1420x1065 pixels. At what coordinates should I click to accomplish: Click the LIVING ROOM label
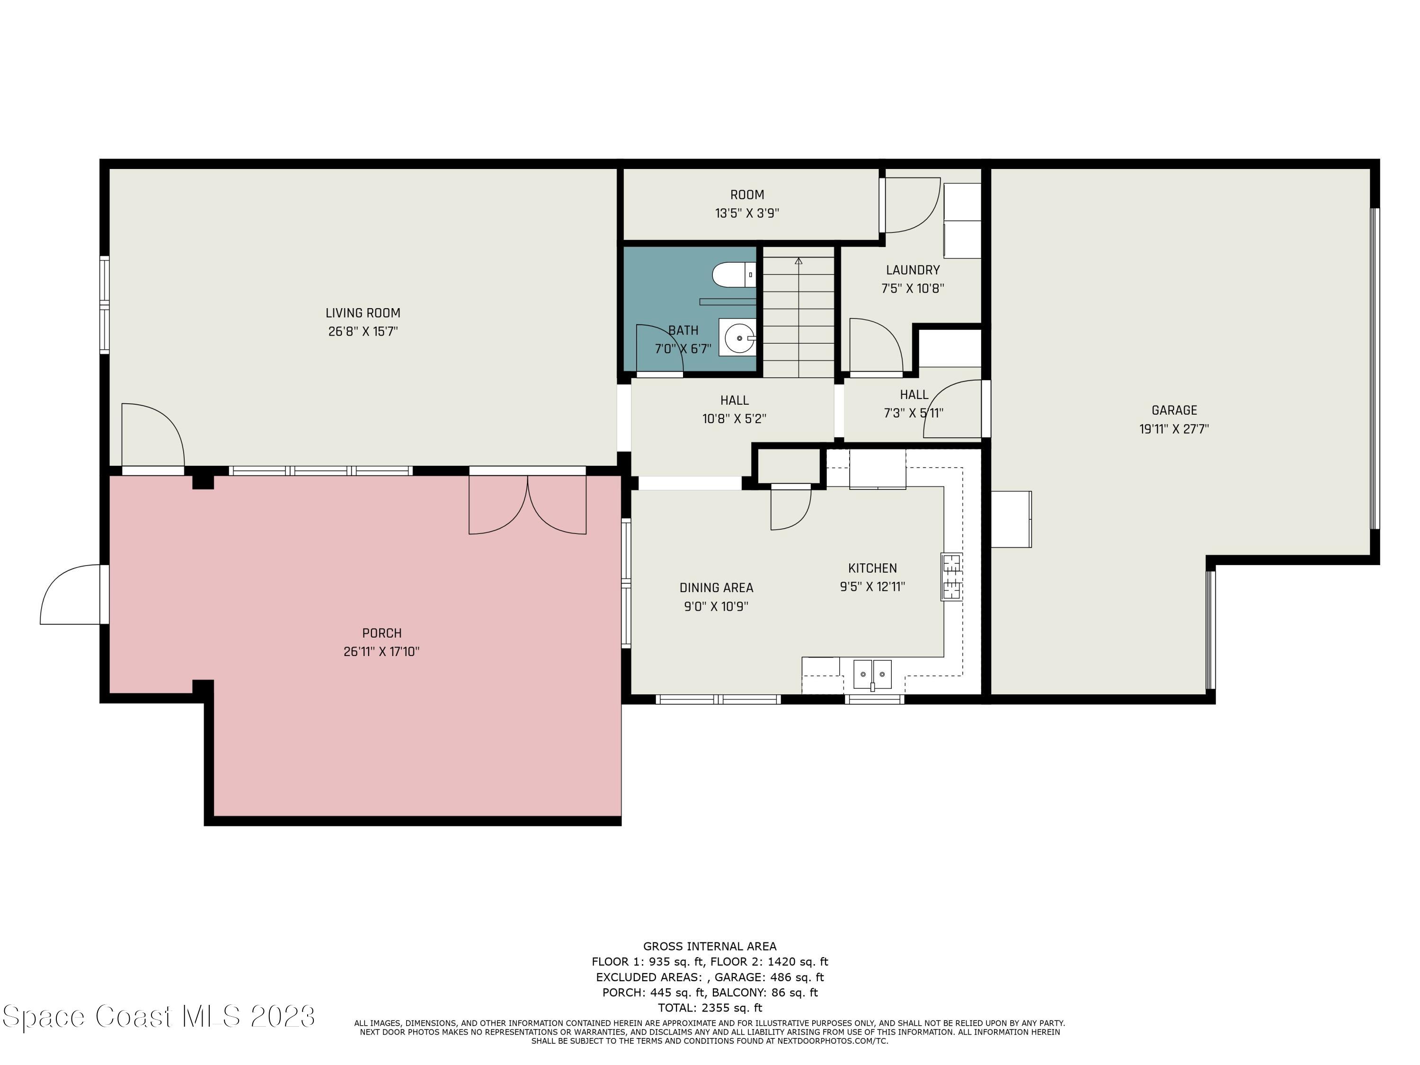(x=363, y=313)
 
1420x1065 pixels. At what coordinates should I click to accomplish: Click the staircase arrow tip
(x=799, y=261)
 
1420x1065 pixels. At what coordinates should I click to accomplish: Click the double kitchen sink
(x=872, y=674)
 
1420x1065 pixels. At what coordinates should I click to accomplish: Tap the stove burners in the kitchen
(x=951, y=577)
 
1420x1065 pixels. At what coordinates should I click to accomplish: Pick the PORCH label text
(x=382, y=633)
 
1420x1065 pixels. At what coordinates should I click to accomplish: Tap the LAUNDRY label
(x=912, y=270)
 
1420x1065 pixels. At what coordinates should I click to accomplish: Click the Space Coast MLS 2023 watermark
(x=159, y=1016)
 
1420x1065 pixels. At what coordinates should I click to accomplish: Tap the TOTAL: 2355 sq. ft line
(x=710, y=1008)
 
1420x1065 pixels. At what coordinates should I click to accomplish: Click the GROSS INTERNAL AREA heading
(x=710, y=946)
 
